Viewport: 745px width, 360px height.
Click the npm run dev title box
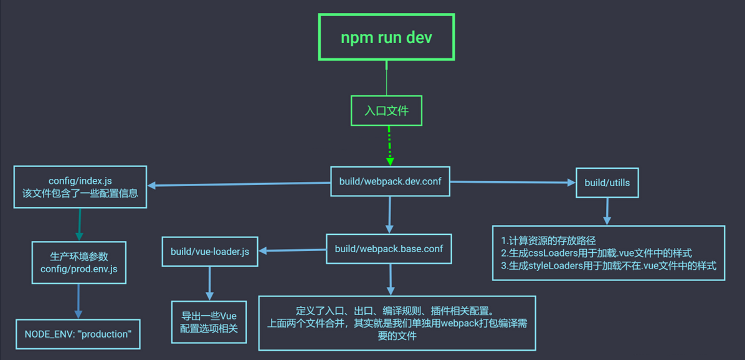point(386,37)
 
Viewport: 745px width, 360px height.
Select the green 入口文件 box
point(386,111)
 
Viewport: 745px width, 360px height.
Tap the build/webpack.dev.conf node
point(389,181)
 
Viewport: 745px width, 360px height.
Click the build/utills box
point(607,182)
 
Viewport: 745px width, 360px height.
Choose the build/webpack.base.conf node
point(389,249)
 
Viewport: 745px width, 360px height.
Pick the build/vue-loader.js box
point(210,252)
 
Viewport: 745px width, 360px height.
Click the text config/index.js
point(80,181)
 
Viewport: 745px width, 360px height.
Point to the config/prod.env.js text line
point(78,269)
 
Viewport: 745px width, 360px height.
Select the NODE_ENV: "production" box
point(78,334)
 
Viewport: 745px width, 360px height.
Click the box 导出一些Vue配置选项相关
point(209,322)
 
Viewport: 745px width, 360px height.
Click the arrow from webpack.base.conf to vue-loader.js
point(293,250)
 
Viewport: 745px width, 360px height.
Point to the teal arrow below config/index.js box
point(80,224)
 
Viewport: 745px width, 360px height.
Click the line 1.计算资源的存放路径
point(548,240)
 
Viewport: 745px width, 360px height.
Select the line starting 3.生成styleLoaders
point(609,266)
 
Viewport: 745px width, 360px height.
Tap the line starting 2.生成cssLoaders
point(596,253)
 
